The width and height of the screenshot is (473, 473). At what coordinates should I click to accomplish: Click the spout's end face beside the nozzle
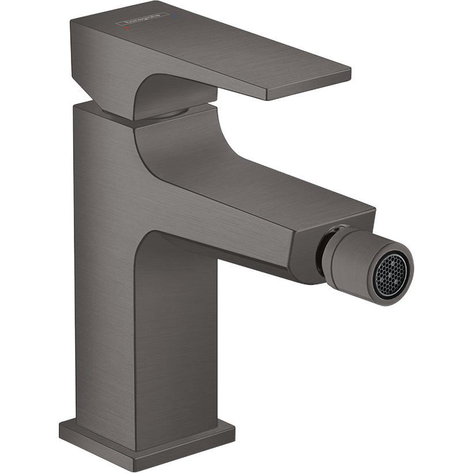(x=306, y=254)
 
